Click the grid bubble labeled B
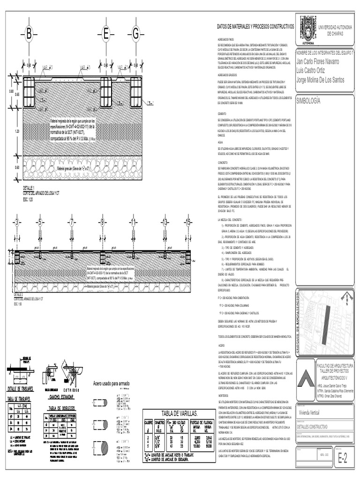(x=29, y=34)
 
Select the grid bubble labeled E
(x=106, y=34)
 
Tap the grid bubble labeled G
(x=136, y=34)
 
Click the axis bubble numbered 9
(x=102, y=222)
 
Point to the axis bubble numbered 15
(x=188, y=222)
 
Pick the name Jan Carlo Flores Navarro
(x=325, y=61)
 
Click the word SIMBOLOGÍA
(x=309, y=100)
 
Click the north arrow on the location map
(x=346, y=297)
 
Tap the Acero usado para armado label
(x=112, y=383)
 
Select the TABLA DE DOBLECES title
(x=62, y=408)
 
